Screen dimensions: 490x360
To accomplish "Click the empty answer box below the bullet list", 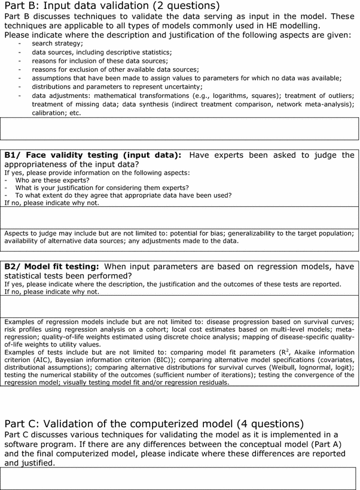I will point(179,128).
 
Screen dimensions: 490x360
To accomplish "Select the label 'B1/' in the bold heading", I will point(14,155).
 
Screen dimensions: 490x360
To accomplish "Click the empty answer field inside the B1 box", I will point(179,217).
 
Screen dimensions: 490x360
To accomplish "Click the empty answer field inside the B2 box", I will point(179,307).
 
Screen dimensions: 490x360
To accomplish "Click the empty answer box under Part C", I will point(179,479).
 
